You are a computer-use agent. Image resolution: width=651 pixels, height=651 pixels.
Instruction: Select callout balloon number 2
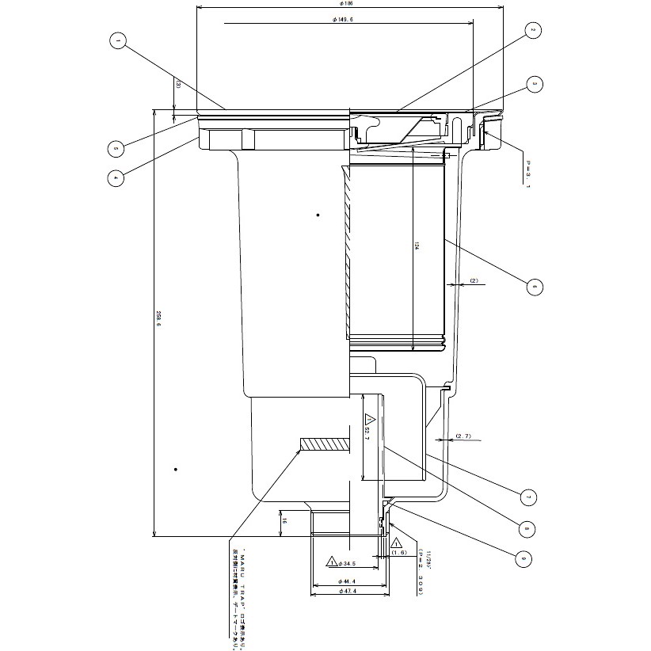(x=533, y=31)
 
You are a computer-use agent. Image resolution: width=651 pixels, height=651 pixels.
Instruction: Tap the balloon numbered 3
(x=535, y=83)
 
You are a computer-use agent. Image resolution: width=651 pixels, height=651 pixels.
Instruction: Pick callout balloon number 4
(x=116, y=178)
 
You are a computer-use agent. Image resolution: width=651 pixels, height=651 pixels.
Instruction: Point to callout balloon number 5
(x=116, y=147)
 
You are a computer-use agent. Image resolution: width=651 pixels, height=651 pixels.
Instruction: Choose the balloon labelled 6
(x=535, y=287)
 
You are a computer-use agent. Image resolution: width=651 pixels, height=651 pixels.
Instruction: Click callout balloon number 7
(x=527, y=497)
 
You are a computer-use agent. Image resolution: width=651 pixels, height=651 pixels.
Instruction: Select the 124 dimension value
(x=417, y=247)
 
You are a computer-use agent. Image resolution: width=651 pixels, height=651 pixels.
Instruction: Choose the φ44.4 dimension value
(x=349, y=582)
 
